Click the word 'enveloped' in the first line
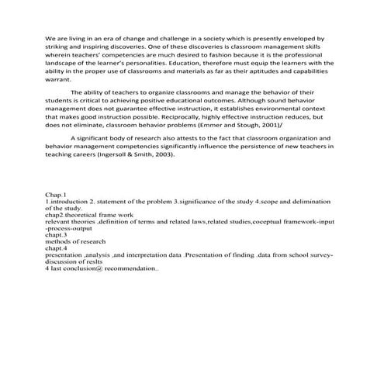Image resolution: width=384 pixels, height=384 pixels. tap(299, 37)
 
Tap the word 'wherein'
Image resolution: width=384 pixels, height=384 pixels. tap(59, 54)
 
